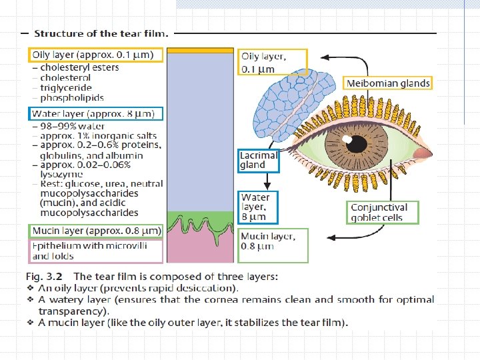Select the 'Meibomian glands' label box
pyautogui.click(x=388, y=83)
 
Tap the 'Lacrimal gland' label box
pyautogui.click(x=259, y=161)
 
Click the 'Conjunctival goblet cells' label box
pyautogui.click(x=383, y=212)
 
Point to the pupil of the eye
pyautogui.click(x=355, y=143)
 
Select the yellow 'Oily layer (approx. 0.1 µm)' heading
pyautogui.click(x=96, y=55)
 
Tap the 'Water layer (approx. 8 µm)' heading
pyautogui.click(x=95, y=114)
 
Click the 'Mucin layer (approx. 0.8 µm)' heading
pyautogui.click(x=96, y=231)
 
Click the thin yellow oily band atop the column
pyautogui.click(x=199, y=50)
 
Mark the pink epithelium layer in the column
pyautogui.click(x=199, y=250)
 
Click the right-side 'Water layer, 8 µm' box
pyautogui.click(x=257, y=207)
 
